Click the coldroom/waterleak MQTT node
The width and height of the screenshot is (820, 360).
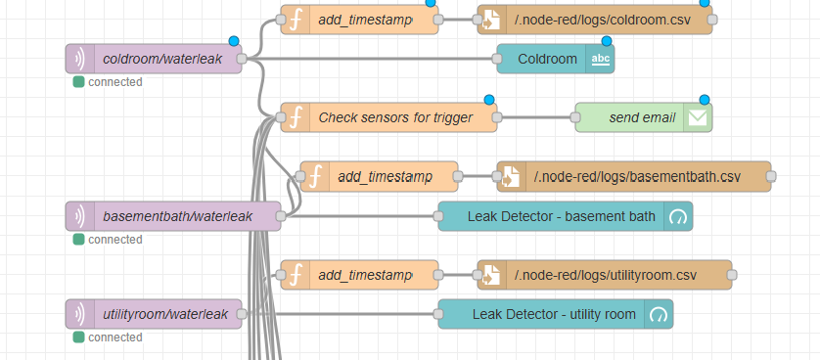[x=162, y=59]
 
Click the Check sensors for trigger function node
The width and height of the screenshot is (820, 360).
[x=394, y=117]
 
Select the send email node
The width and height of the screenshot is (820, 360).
[x=641, y=117]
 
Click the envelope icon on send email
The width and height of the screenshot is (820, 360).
[x=699, y=117]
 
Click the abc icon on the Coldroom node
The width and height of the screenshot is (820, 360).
[x=600, y=59]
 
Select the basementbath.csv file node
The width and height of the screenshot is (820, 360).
[x=636, y=177]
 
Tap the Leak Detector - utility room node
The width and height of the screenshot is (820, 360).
[x=553, y=314]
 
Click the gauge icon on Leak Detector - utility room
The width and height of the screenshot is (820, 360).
[x=659, y=314]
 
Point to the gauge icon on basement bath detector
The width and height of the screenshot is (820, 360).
[x=678, y=216]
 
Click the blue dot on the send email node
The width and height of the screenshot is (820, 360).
[x=704, y=100]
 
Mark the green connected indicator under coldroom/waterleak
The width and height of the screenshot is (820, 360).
[x=78, y=82]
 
